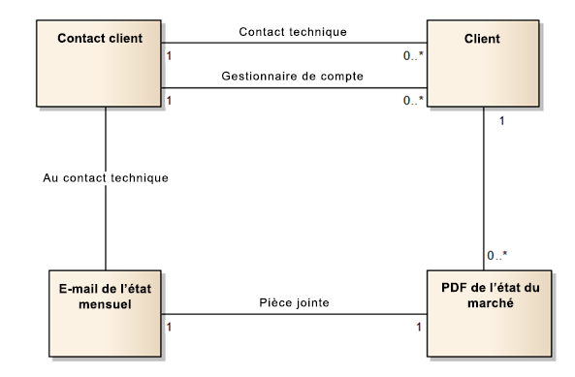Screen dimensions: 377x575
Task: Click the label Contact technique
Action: click(x=292, y=31)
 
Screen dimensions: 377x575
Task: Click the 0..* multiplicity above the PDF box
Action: click(x=496, y=255)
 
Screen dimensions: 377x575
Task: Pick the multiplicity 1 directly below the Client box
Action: click(x=500, y=121)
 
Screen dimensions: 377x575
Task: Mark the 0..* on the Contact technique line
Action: click(x=413, y=55)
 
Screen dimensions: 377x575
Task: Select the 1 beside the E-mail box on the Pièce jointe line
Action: click(x=171, y=327)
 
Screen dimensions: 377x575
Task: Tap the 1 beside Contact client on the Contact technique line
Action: click(x=171, y=55)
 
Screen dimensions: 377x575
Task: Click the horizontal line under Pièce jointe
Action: click(x=292, y=314)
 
